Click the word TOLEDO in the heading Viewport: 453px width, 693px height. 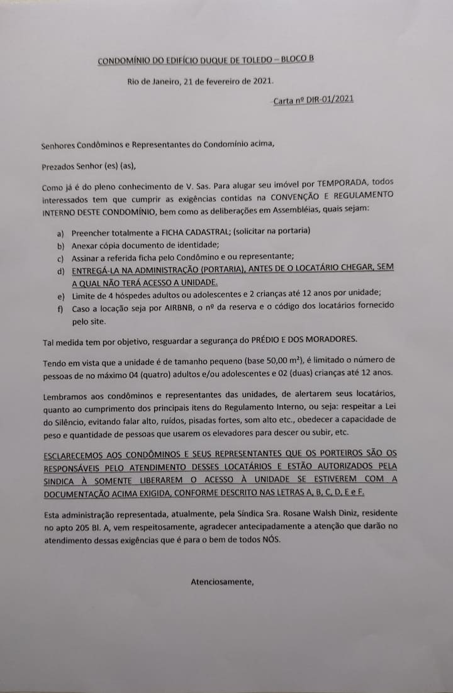pyautogui.click(x=257, y=60)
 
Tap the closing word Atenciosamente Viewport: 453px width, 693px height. pyautogui.click(x=221, y=582)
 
